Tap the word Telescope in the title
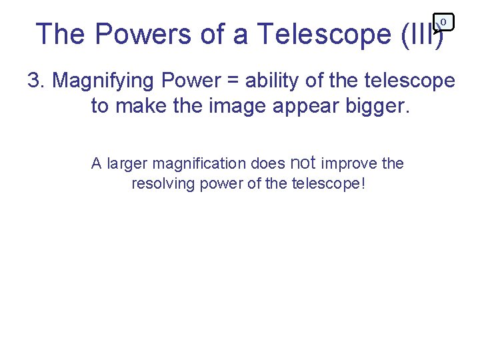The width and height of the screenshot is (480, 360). coord(324,33)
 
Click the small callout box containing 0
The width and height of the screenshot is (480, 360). coord(443,22)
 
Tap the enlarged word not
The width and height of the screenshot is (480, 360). coord(303,162)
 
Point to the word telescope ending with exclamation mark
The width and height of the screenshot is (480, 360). coord(329,184)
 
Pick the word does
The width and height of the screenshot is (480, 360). coord(268,164)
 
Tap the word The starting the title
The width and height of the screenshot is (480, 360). coord(61,33)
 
